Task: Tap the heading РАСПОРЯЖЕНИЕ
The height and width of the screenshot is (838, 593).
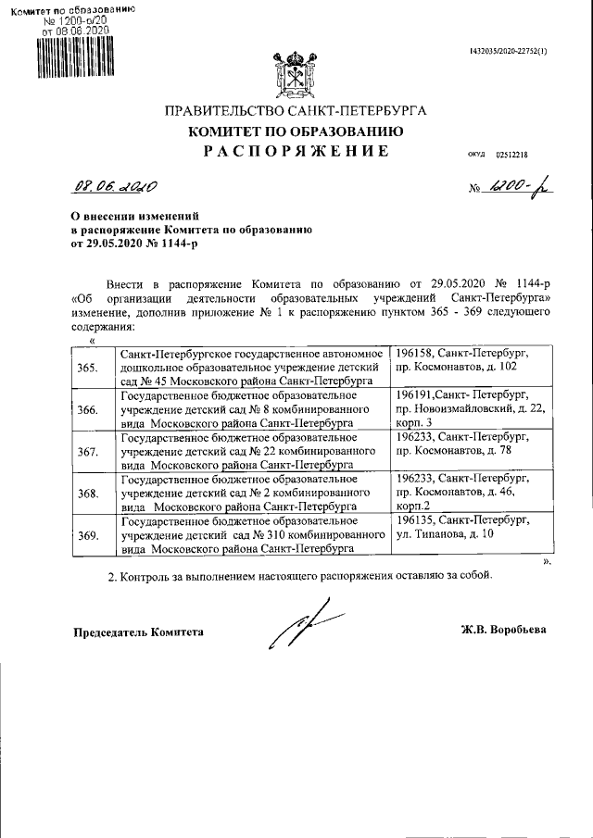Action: coord(296,151)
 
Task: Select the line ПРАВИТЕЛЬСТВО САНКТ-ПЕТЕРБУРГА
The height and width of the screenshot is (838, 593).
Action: coord(296,111)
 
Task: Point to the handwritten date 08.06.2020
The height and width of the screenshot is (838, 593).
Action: coord(115,186)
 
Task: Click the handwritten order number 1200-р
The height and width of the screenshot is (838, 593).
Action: coord(511,186)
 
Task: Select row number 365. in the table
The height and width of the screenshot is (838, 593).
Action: coord(89,368)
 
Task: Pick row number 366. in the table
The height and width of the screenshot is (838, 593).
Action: coord(89,410)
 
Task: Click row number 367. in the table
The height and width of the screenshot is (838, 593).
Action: coord(89,452)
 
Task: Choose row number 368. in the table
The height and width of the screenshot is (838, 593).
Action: coord(89,494)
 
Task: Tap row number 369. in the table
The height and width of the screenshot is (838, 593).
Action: coord(89,535)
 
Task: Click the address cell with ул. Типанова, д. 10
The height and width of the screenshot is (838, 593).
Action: coord(473,535)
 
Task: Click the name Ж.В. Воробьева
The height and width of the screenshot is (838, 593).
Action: coord(504,630)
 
